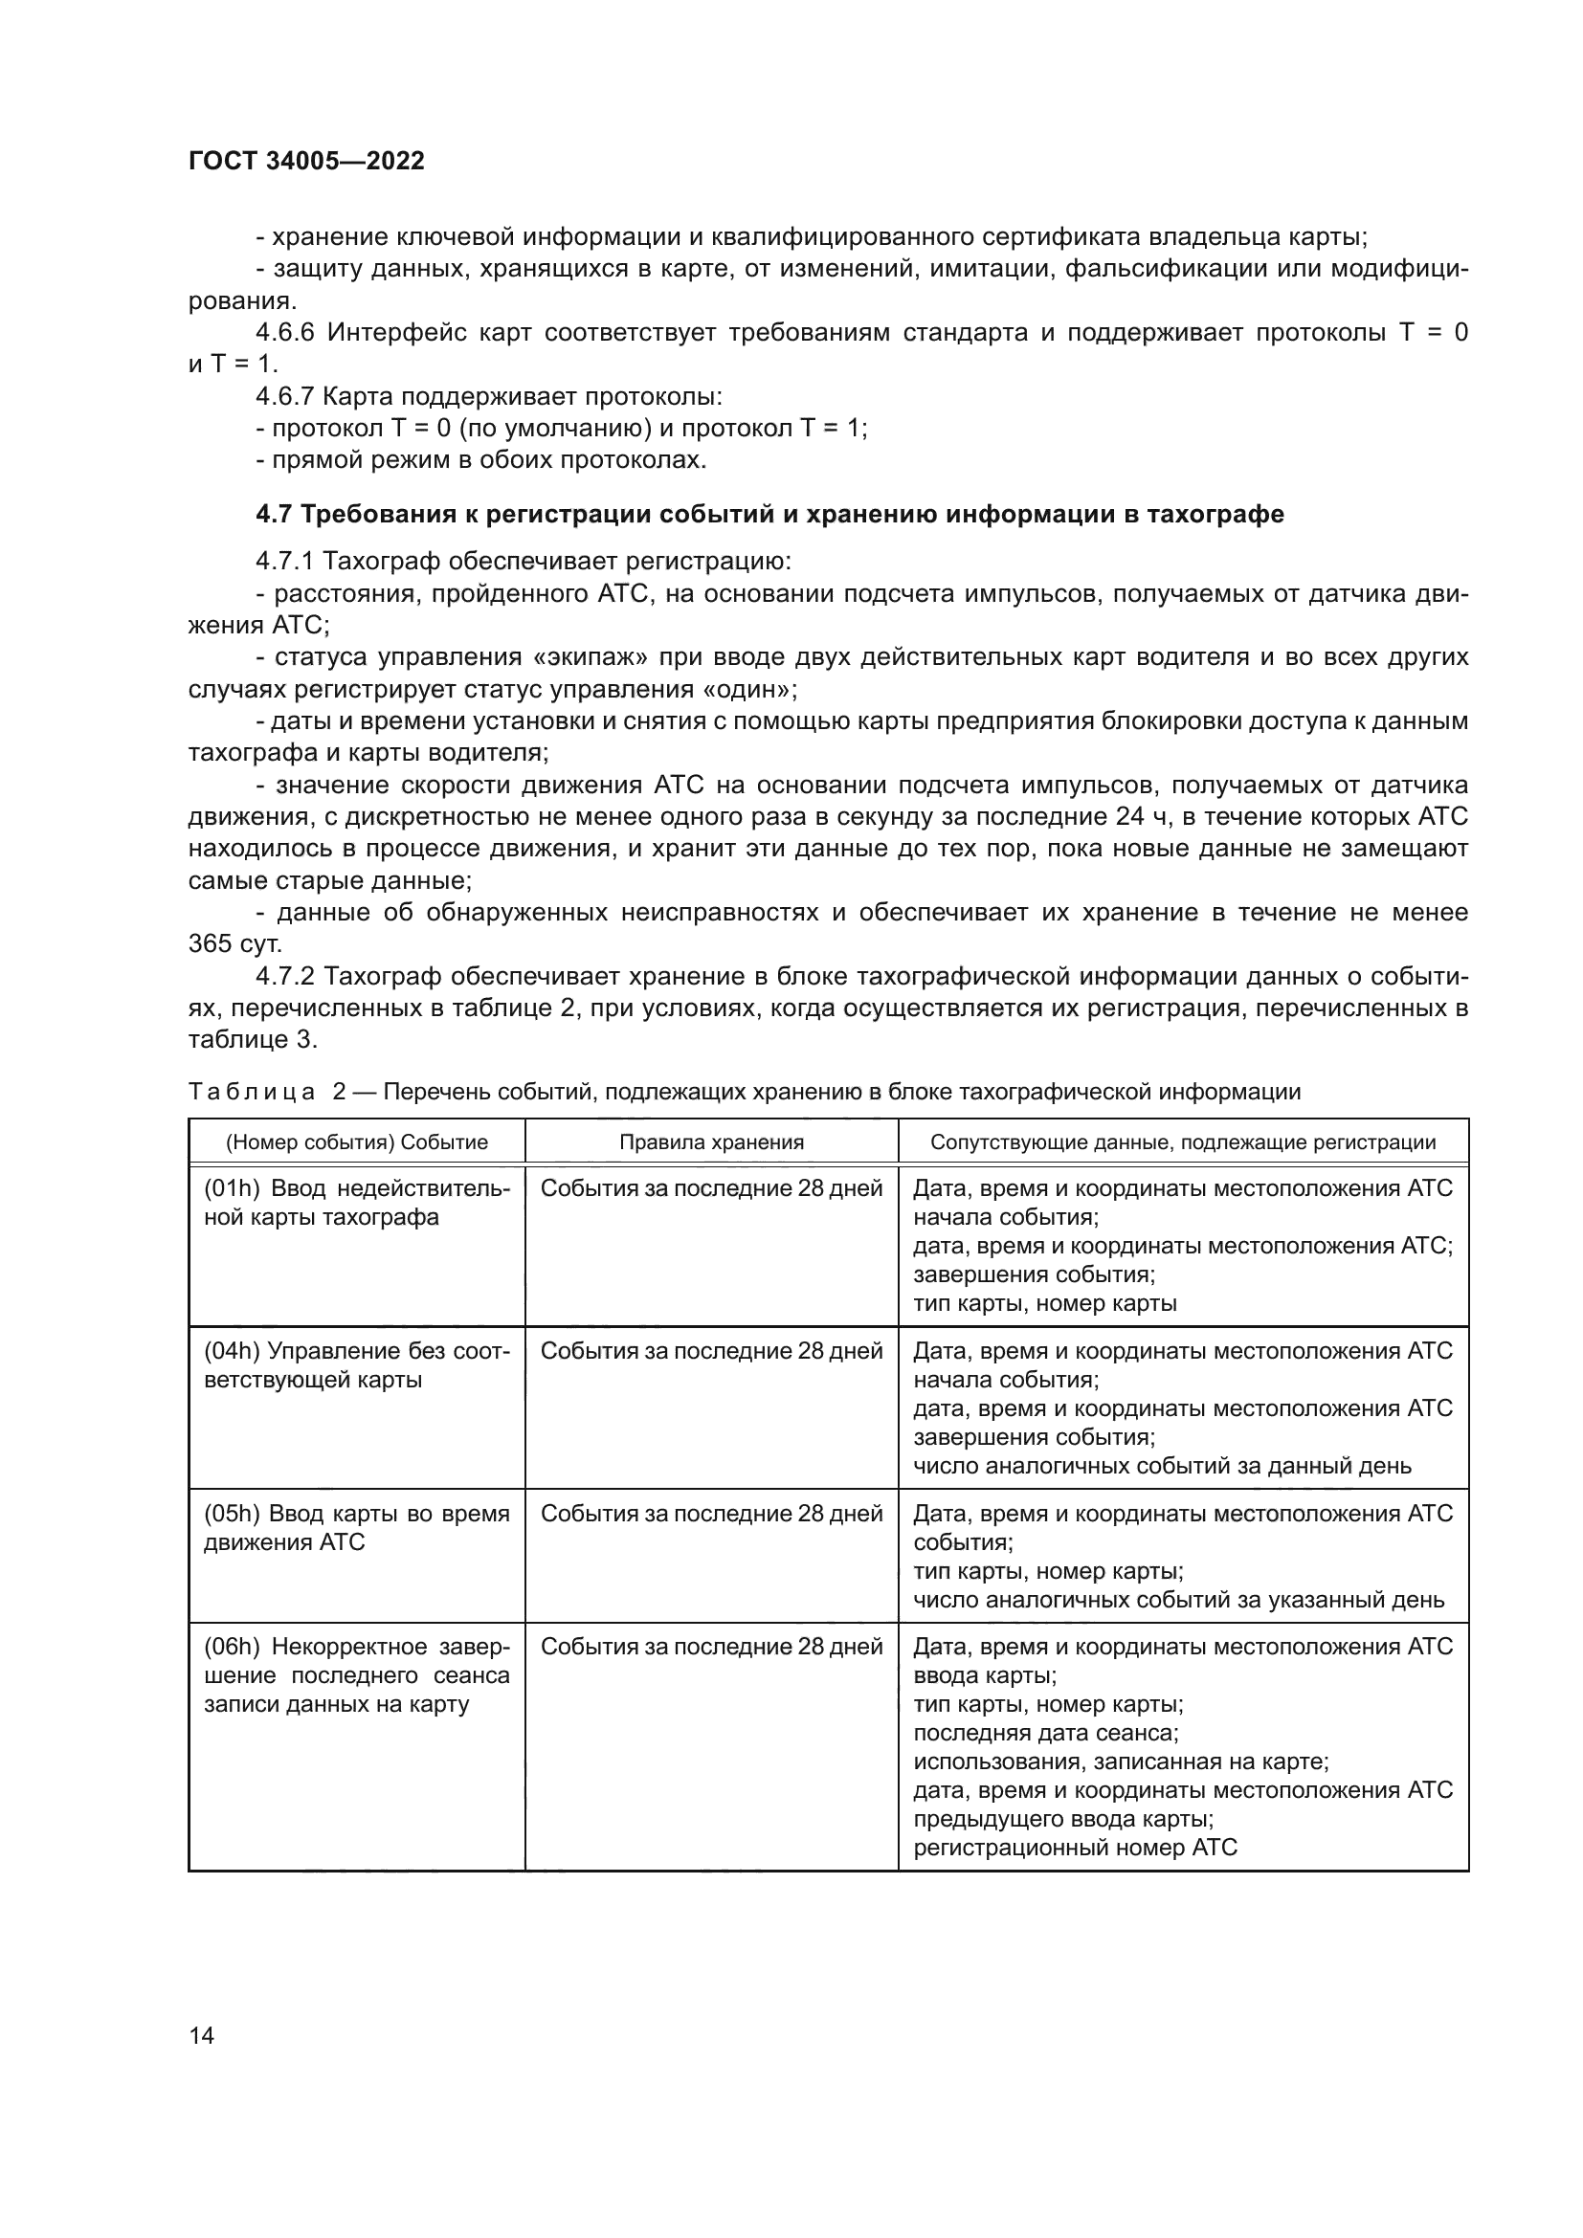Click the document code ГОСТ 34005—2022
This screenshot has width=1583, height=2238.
click(306, 162)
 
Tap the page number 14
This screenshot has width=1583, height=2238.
click(202, 2035)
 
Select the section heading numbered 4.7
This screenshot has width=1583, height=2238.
click(769, 514)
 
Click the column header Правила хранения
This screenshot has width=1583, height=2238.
click(711, 1142)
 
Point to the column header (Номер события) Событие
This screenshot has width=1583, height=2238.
click(357, 1142)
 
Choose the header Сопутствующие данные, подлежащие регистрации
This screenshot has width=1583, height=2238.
click(1182, 1142)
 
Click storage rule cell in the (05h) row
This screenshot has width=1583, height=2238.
click(711, 1514)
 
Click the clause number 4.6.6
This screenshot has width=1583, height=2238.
click(284, 333)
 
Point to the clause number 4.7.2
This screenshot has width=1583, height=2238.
click(284, 977)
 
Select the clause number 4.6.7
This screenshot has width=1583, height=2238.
click(284, 398)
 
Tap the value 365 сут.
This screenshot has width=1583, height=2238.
click(234, 943)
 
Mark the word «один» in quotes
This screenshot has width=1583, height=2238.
click(747, 690)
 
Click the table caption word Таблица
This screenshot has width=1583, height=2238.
click(251, 1092)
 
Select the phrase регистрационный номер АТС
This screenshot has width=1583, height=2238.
click(1074, 1847)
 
